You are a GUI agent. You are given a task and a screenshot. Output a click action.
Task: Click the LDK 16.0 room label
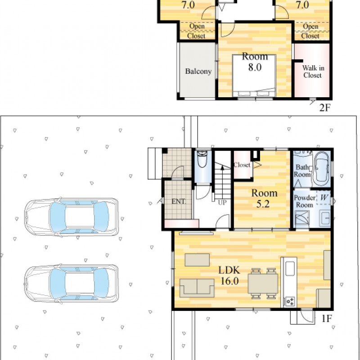(x=229, y=275)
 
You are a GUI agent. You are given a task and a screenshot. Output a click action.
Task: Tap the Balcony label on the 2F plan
(x=198, y=72)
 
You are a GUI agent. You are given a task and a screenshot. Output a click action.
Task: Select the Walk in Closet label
(x=313, y=72)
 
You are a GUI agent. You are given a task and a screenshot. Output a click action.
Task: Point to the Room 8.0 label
(x=255, y=62)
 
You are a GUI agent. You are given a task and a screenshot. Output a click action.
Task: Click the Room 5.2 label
(x=264, y=198)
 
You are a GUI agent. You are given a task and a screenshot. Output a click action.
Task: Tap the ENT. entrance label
(x=179, y=202)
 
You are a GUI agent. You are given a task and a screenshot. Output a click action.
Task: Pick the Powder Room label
(x=305, y=201)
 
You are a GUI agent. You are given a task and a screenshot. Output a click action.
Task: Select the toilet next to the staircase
(x=202, y=159)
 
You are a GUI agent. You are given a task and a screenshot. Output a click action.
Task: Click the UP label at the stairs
(x=222, y=202)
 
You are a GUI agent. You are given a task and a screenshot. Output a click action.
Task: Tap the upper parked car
(x=72, y=217)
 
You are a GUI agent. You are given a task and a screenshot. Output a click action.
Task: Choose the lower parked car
(x=72, y=283)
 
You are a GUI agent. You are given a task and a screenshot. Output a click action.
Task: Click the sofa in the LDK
(x=197, y=288)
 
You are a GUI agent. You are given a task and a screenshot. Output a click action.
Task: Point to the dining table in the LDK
(x=263, y=283)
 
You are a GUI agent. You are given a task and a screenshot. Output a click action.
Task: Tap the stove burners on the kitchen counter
(x=290, y=301)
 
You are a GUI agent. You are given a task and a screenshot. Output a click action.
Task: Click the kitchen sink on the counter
(x=290, y=268)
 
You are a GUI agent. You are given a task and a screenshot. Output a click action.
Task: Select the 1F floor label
(x=327, y=319)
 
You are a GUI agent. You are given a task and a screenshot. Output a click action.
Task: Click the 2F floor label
(x=325, y=108)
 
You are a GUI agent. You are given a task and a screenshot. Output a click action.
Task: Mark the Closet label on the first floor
(x=242, y=165)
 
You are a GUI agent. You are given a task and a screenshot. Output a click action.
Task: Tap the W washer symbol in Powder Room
(x=324, y=197)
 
